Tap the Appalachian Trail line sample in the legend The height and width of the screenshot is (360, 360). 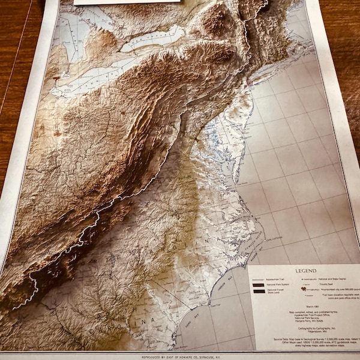(x=258, y=281)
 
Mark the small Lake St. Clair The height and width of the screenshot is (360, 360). (x=58, y=78)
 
